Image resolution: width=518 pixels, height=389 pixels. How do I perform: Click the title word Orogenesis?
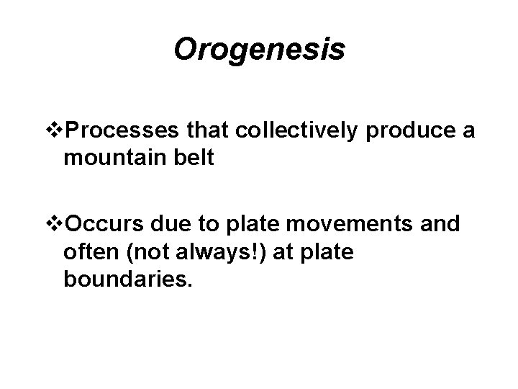[x=259, y=50]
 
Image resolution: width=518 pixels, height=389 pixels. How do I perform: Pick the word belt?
[x=195, y=157]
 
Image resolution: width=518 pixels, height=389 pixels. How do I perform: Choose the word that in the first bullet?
[x=205, y=132]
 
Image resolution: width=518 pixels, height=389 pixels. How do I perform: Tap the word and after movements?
[x=440, y=225]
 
